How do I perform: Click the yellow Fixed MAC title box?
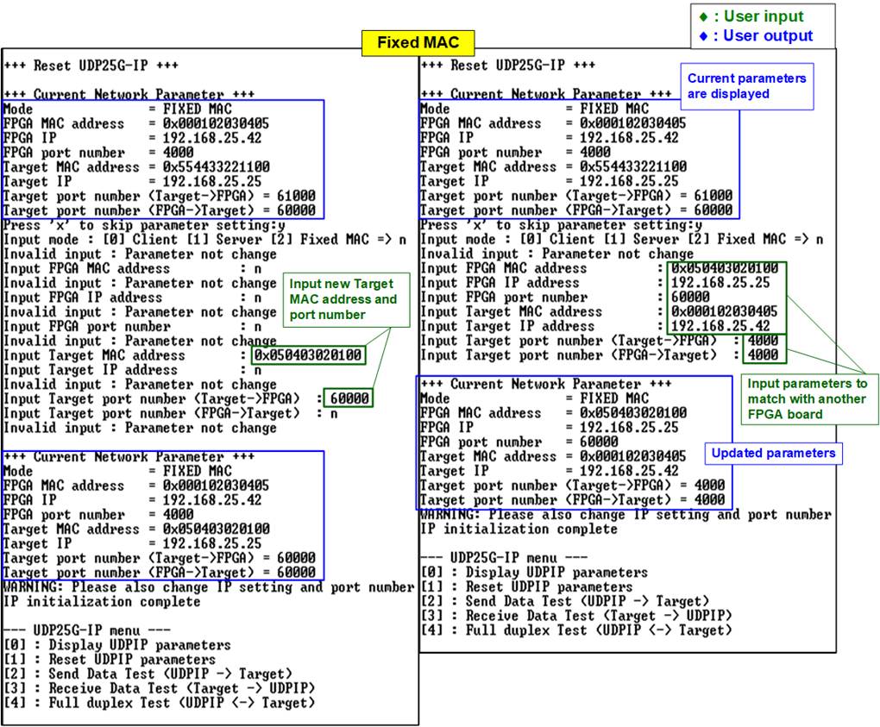(x=418, y=42)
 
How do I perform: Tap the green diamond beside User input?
(x=704, y=17)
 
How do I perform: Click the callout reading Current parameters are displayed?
(x=747, y=86)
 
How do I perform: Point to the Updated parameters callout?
(x=773, y=454)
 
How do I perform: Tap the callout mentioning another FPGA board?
(x=809, y=398)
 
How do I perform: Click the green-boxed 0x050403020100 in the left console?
(x=307, y=355)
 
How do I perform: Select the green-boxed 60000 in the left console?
(x=349, y=398)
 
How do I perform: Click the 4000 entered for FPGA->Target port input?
(x=763, y=355)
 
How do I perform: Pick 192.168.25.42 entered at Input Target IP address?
(x=720, y=326)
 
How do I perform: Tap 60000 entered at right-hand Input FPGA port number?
(x=690, y=297)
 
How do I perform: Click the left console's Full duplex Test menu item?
(x=160, y=703)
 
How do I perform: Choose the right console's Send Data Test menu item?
(x=564, y=601)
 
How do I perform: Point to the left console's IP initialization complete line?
(x=102, y=601)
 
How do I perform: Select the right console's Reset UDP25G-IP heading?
(x=508, y=65)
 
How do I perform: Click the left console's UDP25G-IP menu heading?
(x=86, y=630)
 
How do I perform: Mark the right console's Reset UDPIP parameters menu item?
(x=526, y=586)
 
